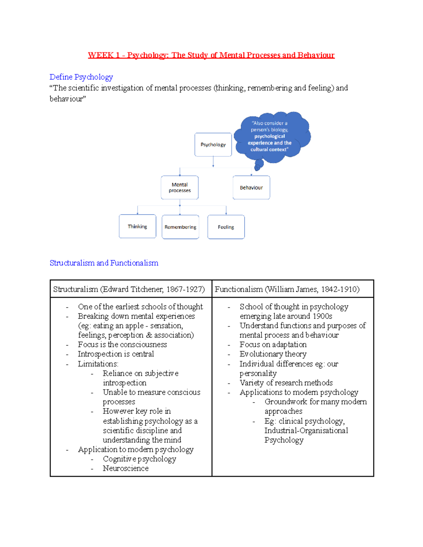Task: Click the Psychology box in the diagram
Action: point(213,144)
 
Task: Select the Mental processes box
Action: point(180,187)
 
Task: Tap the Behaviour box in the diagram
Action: point(251,187)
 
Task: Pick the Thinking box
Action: point(137,226)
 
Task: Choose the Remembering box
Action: point(180,227)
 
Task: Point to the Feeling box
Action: point(226,227)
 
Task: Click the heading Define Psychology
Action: point(81,77)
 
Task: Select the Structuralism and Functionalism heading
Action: point(104,263)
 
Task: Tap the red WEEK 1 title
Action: point(211,55)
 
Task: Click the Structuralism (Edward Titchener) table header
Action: point(129,289)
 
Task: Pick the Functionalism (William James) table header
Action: point(287,289)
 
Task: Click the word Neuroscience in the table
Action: point(125,468)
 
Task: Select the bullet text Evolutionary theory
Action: point(273,354)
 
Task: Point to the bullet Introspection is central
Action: point(116,354)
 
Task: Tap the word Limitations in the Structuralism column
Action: point(98,364)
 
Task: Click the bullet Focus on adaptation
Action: point(273,344)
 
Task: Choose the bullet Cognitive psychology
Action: point(139,459)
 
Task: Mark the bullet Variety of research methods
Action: point(286,383)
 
